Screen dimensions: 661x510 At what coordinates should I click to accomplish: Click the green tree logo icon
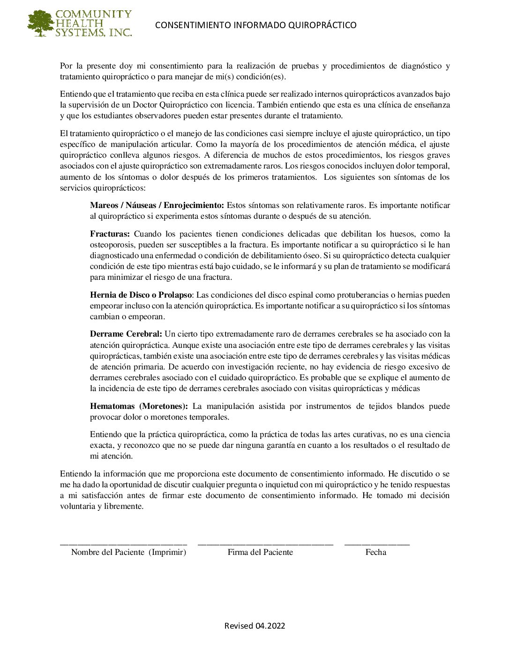pos(41,23)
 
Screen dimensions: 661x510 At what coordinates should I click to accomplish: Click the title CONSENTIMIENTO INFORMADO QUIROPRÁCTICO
pos(255,25)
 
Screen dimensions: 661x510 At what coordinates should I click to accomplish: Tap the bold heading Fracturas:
pos(110,234)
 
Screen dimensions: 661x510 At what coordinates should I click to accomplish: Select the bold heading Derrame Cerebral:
pos(126,334)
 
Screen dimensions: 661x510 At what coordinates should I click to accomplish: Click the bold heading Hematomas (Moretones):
pos(139,406)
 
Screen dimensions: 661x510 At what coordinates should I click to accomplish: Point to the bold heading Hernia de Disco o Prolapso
pos(141,295)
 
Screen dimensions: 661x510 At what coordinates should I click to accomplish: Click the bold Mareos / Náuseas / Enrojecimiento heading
pos(157,205)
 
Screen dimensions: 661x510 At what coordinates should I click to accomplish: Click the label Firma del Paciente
pos(260,553)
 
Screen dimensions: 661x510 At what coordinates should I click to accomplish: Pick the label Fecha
pos(376,553)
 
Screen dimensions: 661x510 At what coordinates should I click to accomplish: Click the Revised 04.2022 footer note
pos(255,626)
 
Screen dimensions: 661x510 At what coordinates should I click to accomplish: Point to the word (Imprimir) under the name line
pos(167,553)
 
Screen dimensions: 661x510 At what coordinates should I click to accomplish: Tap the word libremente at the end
pos(126,507)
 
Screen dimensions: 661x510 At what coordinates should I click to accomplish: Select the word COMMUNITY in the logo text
pos(93,14)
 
